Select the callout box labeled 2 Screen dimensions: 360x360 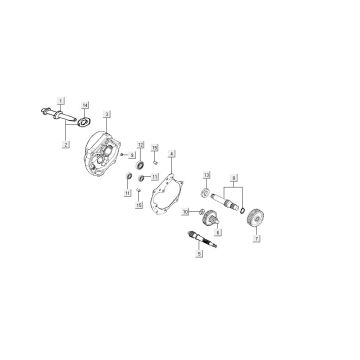point(65,145)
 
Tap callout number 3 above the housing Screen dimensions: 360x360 point(107,116)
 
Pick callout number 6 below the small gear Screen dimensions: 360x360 point(218,231)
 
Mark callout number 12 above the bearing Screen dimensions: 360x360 point(141,145)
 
